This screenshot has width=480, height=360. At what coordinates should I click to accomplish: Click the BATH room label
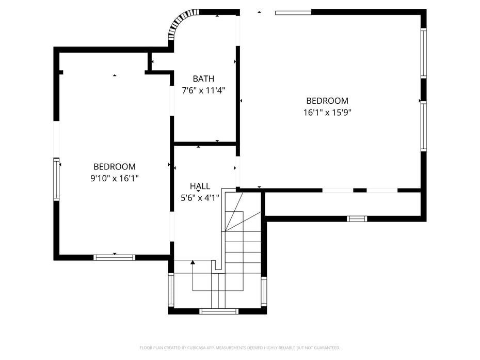203,79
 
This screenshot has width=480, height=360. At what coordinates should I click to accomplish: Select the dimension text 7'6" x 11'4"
203,90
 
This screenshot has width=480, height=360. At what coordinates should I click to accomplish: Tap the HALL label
200,186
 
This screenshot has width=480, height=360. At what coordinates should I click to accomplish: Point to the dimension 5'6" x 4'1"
200,197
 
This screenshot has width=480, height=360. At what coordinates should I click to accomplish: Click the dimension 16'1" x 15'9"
327,112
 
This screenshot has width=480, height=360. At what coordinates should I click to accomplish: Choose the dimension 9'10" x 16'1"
115,178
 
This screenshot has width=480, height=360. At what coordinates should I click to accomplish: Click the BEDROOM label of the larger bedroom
327,101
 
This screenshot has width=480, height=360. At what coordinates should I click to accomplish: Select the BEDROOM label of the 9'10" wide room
115,167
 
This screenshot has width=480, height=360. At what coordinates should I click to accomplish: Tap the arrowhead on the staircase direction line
193,263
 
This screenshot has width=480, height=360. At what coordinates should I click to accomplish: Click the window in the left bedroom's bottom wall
114,257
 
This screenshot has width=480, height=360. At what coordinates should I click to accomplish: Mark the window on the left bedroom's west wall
56,179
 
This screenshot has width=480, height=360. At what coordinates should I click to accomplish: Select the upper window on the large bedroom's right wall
423,53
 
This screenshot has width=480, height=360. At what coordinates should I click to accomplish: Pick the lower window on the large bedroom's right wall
423,127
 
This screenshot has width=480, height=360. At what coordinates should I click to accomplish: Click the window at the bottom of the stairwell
219,311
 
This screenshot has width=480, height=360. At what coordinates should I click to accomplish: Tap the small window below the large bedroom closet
357,218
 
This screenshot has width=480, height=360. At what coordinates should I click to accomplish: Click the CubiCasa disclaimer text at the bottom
239,348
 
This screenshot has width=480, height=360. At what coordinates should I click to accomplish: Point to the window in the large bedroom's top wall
293,12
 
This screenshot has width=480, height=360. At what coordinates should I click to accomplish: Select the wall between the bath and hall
205,143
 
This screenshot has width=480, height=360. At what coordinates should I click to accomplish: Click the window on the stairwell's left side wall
171,290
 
